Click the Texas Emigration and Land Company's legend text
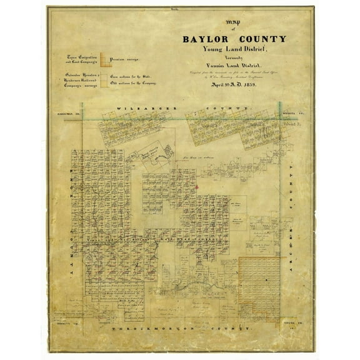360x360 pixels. [x=82, y=60]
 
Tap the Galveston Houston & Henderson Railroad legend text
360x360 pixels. [x=82, y=80]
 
